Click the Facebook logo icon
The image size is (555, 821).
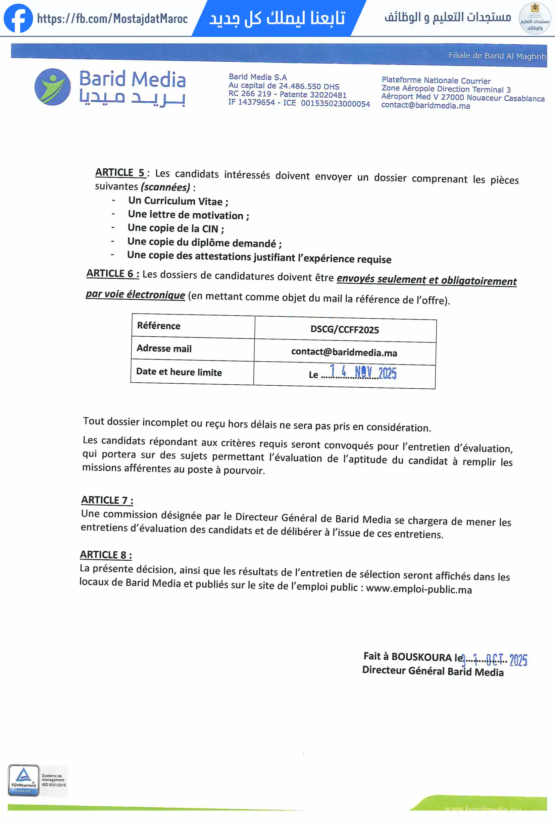tap(18, 18)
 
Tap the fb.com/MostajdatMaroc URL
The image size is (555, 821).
tap(112, 19)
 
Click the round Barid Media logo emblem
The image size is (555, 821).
tap(52, 87)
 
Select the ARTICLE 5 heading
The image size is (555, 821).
tap(120, 172)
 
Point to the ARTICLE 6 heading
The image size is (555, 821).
tap(112, 273)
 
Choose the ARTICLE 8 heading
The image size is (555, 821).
tap(106, 555)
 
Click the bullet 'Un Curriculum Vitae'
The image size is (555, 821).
tap(178, 201)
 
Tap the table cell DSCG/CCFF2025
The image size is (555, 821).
tap(345, 330)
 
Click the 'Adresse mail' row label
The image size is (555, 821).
tap(164, 348)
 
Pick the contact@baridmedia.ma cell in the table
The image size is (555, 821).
tap(344, 352)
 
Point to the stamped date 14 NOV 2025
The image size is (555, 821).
tap(363, 372)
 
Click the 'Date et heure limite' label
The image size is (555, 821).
tap(179, 372)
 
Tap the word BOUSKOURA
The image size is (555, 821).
tap(421, 657)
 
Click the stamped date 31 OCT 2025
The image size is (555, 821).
tap(495, 660)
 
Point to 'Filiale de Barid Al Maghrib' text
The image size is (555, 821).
tap(497, 56)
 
